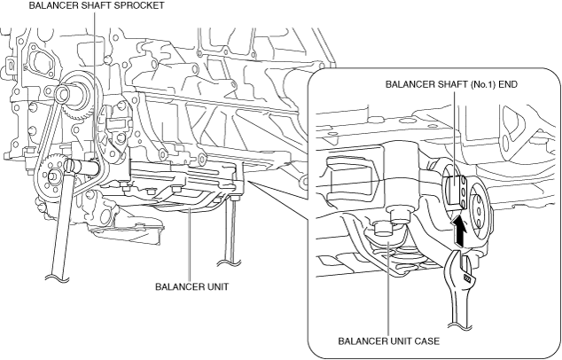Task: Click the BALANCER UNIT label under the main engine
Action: [x=191, y=287]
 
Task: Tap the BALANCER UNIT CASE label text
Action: [x=389, y=341]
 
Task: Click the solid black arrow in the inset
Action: [x=459, y=230]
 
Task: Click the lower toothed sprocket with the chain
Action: [x=48, y=175]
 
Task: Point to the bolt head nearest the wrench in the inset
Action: [x=401, y=215]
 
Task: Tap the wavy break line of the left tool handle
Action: [x=57, y=278]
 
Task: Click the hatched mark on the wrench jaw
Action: [x=467, y=278]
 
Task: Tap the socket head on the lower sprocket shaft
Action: [x=70, y=165]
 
